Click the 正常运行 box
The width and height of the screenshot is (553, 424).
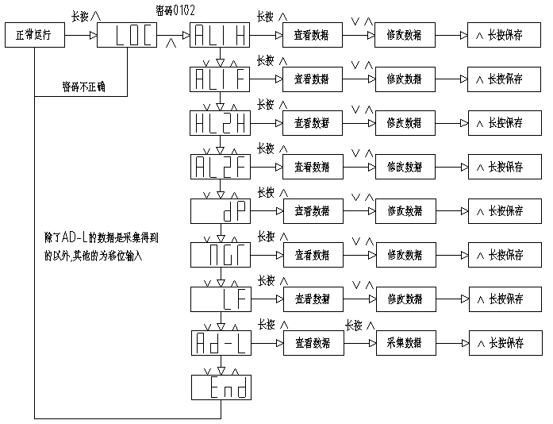point(33,36)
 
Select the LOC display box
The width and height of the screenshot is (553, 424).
point(128,36)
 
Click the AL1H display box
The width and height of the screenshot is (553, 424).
point(221,36)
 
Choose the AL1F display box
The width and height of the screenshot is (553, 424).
point(221,79)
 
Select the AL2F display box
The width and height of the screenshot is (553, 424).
point(221,167)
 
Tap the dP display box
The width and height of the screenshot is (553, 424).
point(221,211)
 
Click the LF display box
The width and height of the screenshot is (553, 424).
point(221,299)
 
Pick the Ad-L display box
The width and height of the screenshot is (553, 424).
point(221,342)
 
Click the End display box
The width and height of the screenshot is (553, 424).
point(221,387)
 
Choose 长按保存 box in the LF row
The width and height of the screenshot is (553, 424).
point(499,299)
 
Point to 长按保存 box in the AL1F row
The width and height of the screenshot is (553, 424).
point(499,79)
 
